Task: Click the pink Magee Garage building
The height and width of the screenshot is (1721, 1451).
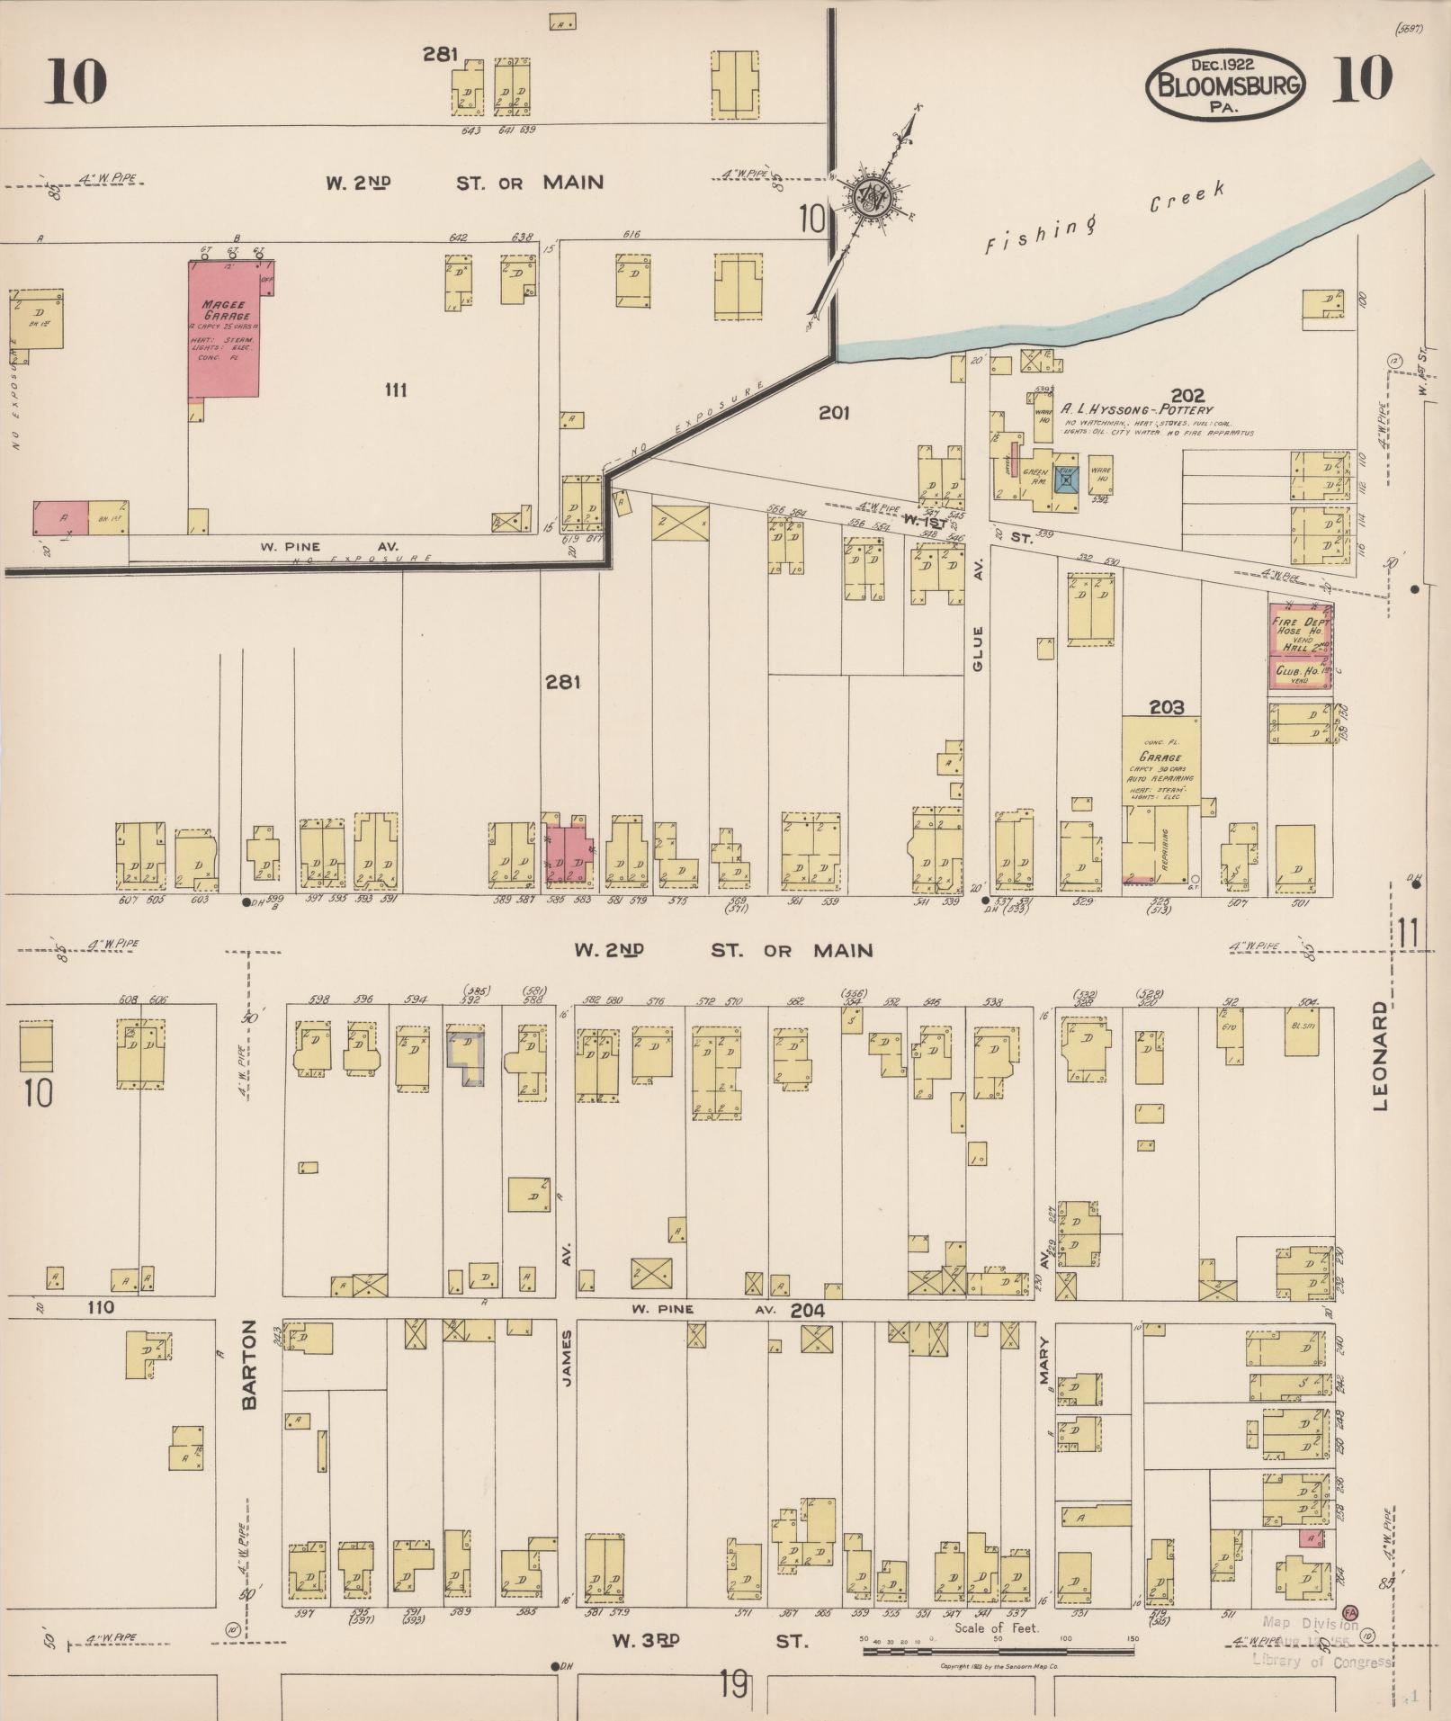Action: click(x=223, y=328)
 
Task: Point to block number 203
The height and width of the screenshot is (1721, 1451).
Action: click(x=1166, y=708)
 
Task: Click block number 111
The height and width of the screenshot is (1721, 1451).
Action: click(x=396, y=390)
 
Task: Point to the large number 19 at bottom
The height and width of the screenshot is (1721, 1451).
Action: click(x=733, y=1683)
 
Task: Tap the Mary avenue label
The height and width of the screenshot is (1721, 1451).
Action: click(x=1046, y=1401)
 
